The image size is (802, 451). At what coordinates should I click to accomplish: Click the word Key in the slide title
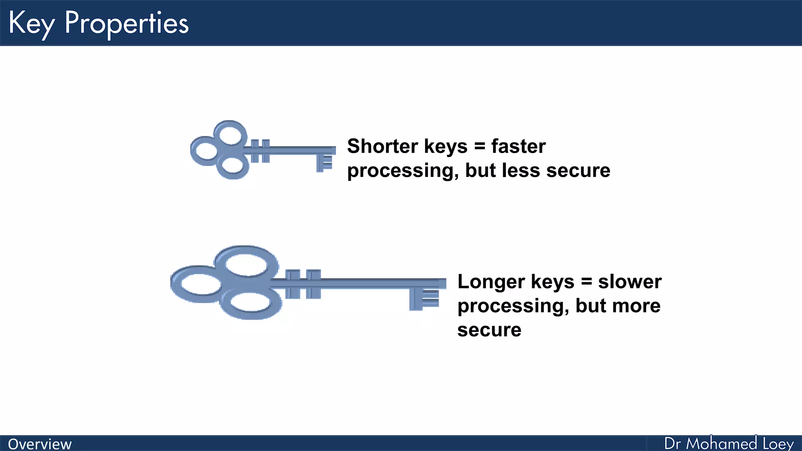click(31, 23)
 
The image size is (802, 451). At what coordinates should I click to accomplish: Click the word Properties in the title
click(126, 23)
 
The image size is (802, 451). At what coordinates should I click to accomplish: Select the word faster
click(518, 146)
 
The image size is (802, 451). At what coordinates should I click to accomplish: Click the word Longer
click(491, 282)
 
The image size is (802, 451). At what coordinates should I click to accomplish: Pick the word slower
click(630, 282)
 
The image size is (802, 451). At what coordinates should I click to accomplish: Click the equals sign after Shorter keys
click(479, 146)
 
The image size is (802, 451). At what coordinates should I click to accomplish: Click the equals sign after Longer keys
click(586, 282)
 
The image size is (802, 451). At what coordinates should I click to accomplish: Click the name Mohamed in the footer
click(721, 444)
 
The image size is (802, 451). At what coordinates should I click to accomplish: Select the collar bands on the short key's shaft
click(260, 151)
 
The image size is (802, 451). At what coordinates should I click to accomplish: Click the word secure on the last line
click(489, 330)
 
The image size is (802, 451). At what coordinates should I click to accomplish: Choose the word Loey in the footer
click(778, 444)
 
